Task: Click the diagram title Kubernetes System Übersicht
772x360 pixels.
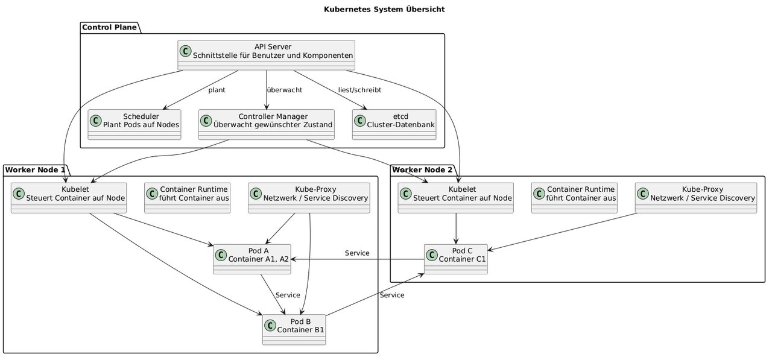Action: click(x=384, y=9)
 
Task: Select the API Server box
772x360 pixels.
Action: click(x=266, y=55)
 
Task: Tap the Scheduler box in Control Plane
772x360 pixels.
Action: click(x=134, y=124)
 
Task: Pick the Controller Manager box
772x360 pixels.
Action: click(x=266, y=124)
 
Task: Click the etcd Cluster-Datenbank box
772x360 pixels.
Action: click(x=394, y=124)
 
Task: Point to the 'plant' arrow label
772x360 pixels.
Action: click(x=217, y=90)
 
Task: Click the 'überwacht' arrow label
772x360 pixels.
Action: click(x=285, y=90)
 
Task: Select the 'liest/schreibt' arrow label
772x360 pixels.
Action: click(x=360, y=90)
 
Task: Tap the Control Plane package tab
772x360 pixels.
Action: click(x=109, y=28)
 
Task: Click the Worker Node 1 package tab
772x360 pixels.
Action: click(x=35, y=170)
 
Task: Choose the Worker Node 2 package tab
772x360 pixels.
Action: click(x=423, y=170)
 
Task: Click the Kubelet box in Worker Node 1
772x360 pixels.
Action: click(x=69, y=198)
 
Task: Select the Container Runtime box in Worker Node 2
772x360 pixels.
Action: click(x=574, y=198)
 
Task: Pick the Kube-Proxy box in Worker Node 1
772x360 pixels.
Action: click(x=309, y=198)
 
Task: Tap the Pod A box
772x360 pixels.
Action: click(x=252, y=259)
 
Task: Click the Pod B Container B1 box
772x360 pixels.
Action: click(x=294, y=330)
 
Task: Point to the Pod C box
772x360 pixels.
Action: click(x=455, y=259)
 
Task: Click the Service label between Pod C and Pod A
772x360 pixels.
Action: click(x=357, y=253)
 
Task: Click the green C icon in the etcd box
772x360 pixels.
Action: click(x=360, y=121)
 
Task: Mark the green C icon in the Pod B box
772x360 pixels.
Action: click(x=270, y=326)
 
